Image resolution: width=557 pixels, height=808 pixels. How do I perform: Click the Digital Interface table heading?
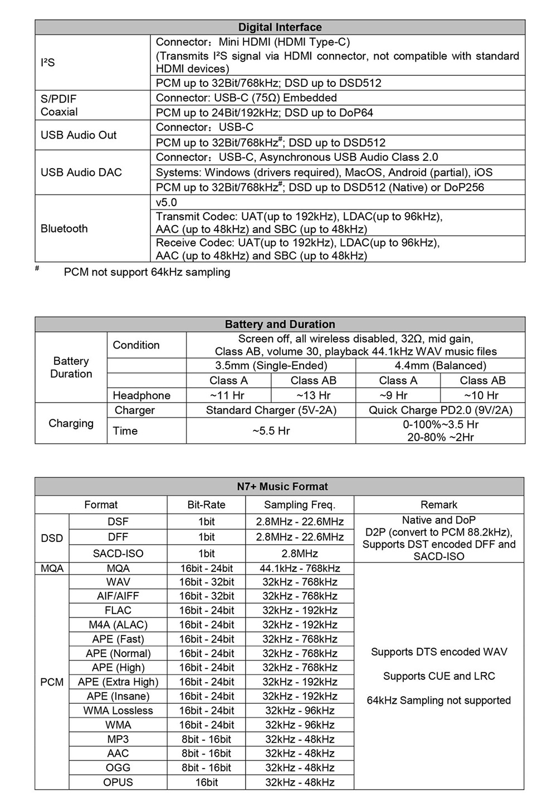tap(280, 27)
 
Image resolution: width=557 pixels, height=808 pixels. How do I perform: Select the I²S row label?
tap(48, 62)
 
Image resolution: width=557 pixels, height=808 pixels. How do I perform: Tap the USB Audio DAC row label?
tap(81, 172)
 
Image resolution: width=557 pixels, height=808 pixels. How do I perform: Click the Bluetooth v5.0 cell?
tap(167, 202)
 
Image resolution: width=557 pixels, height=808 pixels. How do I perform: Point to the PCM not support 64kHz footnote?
tap(146, 272)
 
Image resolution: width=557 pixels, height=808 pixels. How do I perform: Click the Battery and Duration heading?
tap(280, 324)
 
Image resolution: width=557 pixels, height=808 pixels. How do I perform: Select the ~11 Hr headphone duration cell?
tap(228, 395)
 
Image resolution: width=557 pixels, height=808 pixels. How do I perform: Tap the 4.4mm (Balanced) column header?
tap(440, 366)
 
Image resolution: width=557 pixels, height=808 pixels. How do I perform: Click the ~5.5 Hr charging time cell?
tap(271, 431)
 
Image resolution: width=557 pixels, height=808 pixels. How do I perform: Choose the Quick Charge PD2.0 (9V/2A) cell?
tap(440, 410)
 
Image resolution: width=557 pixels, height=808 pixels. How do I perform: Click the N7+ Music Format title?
tap(282, 487)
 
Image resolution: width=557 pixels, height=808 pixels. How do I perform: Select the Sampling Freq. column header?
tap(299, 505)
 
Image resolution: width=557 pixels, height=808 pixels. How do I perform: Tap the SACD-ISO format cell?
tap(118, 554)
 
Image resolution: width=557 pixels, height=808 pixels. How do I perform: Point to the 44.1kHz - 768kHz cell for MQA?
tap(299, 569)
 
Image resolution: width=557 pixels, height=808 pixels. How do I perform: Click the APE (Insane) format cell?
tap(118, 697)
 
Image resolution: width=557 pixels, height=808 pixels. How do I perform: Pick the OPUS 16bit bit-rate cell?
tap(206, 782)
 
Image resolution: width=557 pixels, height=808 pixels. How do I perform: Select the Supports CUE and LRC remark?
tap(438, 676)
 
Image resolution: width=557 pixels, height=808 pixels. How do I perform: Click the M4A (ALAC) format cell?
tap(118, 625)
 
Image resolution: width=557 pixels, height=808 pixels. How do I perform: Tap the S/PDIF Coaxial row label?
tap(59, 105)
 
